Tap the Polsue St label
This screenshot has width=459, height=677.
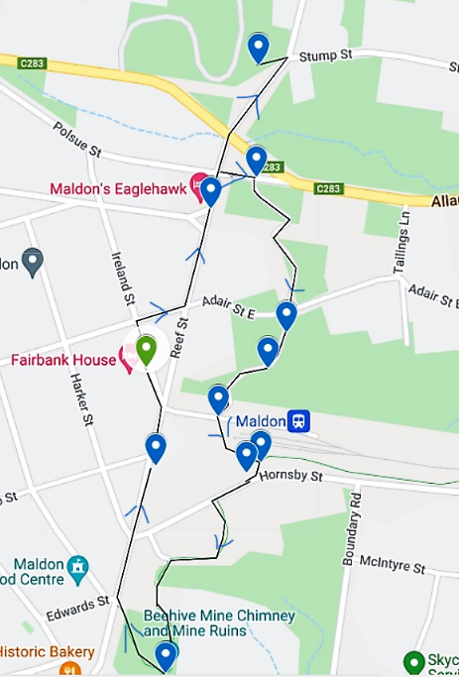(x=78, y=140)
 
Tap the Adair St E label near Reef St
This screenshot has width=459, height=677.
(x=229, y=305)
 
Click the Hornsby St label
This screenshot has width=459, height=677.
(x=291, y=476)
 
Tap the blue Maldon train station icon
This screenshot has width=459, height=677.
(x=298, y=421)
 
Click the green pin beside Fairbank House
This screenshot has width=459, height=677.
(x=146, y=350)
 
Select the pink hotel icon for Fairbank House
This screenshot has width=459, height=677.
(x=128, y=358)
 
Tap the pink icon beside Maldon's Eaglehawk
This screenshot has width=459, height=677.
(x=198, y=182)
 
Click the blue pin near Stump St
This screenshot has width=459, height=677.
(x=258, y=46)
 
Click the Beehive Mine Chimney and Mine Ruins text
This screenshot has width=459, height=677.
(x=219, y=623)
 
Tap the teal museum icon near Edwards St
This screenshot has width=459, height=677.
(x=78, y=567)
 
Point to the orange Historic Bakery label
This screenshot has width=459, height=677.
(x=47, y=652)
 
